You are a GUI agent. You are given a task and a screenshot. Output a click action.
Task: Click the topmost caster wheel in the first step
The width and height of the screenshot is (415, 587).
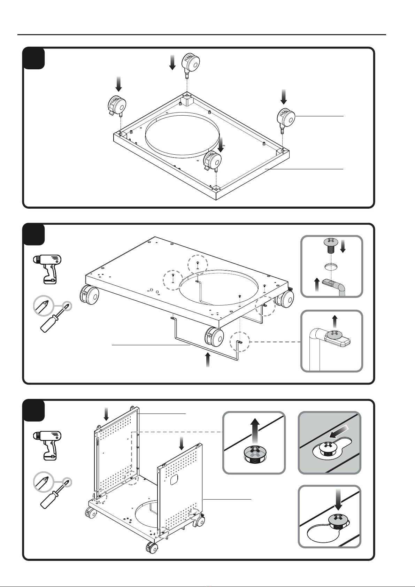coord(190,63)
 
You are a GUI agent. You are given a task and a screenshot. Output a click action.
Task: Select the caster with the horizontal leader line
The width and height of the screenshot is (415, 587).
coord(286,118)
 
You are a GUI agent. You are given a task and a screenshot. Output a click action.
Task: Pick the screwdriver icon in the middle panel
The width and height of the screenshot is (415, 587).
coord(52,314)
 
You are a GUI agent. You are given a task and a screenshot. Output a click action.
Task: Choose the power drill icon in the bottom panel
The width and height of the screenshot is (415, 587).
coord(47,445)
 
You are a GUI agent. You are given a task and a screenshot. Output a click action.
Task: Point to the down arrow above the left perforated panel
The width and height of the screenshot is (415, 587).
coord(106,414)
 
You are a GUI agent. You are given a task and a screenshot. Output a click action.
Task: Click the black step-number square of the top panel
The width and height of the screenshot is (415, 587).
coord(34,59)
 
